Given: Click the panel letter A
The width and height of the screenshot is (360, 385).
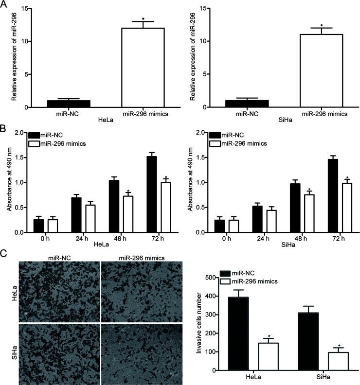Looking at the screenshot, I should [4, 4].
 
